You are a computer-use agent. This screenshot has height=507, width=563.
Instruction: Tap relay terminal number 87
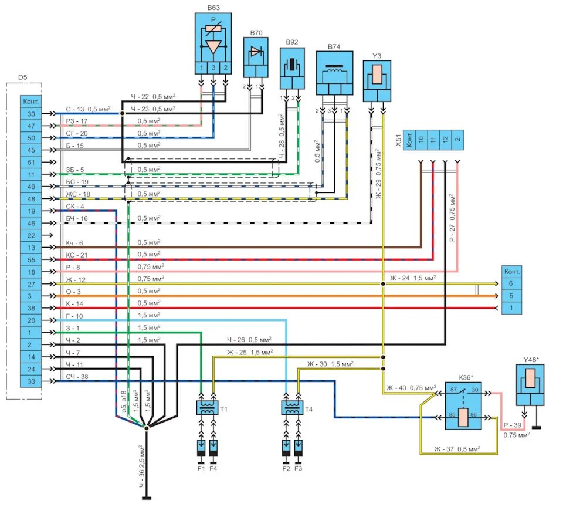pos(453,389)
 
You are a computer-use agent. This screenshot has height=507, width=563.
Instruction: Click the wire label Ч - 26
pos(238,339)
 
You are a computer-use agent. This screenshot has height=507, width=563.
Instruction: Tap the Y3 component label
pos(377,56)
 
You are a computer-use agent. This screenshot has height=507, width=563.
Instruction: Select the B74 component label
pos(334,46)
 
